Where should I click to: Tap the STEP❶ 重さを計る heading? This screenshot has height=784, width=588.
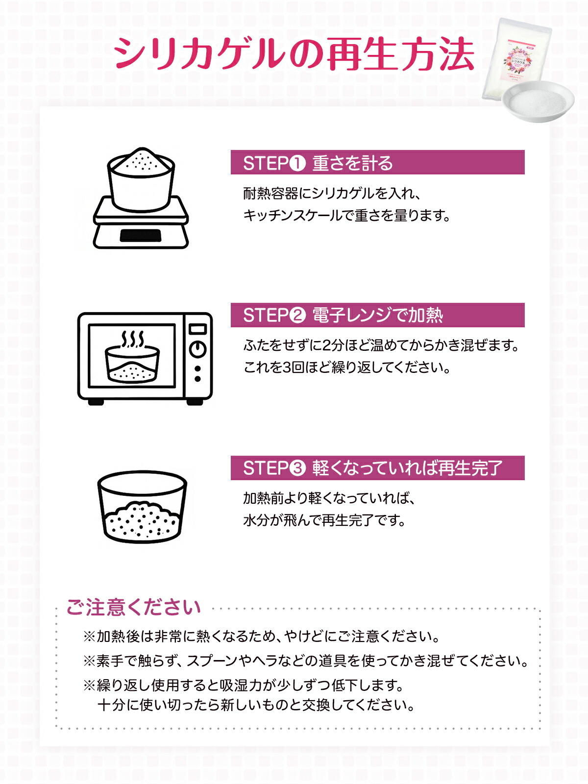tap(318, 163)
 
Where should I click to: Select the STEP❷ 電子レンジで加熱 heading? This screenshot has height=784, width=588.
tap(343, 315)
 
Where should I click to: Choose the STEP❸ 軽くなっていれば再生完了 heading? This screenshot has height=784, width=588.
tap(372, 468)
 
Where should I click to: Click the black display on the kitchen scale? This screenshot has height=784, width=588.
tap(141, 236)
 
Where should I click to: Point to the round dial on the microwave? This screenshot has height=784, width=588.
tap(197, 349)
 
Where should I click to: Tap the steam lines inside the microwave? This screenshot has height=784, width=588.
tap(132, 339)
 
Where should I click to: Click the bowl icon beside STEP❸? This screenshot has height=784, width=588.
tap(142, 507)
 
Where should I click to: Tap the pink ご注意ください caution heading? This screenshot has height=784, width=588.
tap(134, 607)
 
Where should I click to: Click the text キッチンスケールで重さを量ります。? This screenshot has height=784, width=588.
tap(346, 216)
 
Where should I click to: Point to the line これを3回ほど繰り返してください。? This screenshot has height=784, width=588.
tap(346, 367)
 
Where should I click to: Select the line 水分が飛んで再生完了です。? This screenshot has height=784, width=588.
tap(324, 520)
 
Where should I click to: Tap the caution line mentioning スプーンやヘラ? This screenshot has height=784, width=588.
tap(306, 661)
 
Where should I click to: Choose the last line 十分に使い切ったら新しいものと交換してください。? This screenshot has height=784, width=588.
tap(257, 705)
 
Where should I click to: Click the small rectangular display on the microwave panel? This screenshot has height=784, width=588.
tap(197, 329)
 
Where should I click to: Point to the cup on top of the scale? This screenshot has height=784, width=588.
tap(141, 179)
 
